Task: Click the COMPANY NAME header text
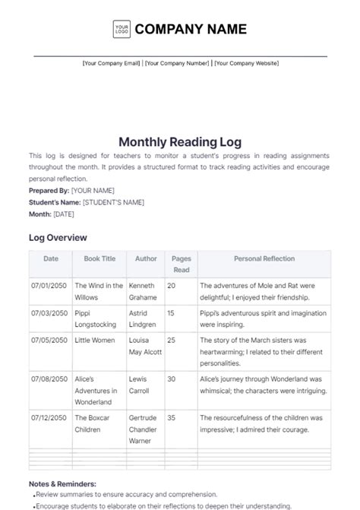pos(191,30)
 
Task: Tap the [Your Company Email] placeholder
pos(112,64)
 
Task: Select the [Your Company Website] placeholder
pos(247,64)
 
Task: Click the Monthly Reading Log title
pos(179,141)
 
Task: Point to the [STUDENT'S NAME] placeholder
pos(113,202)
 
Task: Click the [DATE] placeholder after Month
pos(64,214)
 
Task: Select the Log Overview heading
pos(58,238)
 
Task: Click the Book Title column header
pos(99,258)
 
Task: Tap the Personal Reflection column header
pos(264,258)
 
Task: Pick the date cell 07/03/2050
pos(49,312)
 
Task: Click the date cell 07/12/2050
pos(49,417)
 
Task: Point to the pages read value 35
pos(171,417)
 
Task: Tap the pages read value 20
pos(171,286)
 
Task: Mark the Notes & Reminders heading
pos(62,483)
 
